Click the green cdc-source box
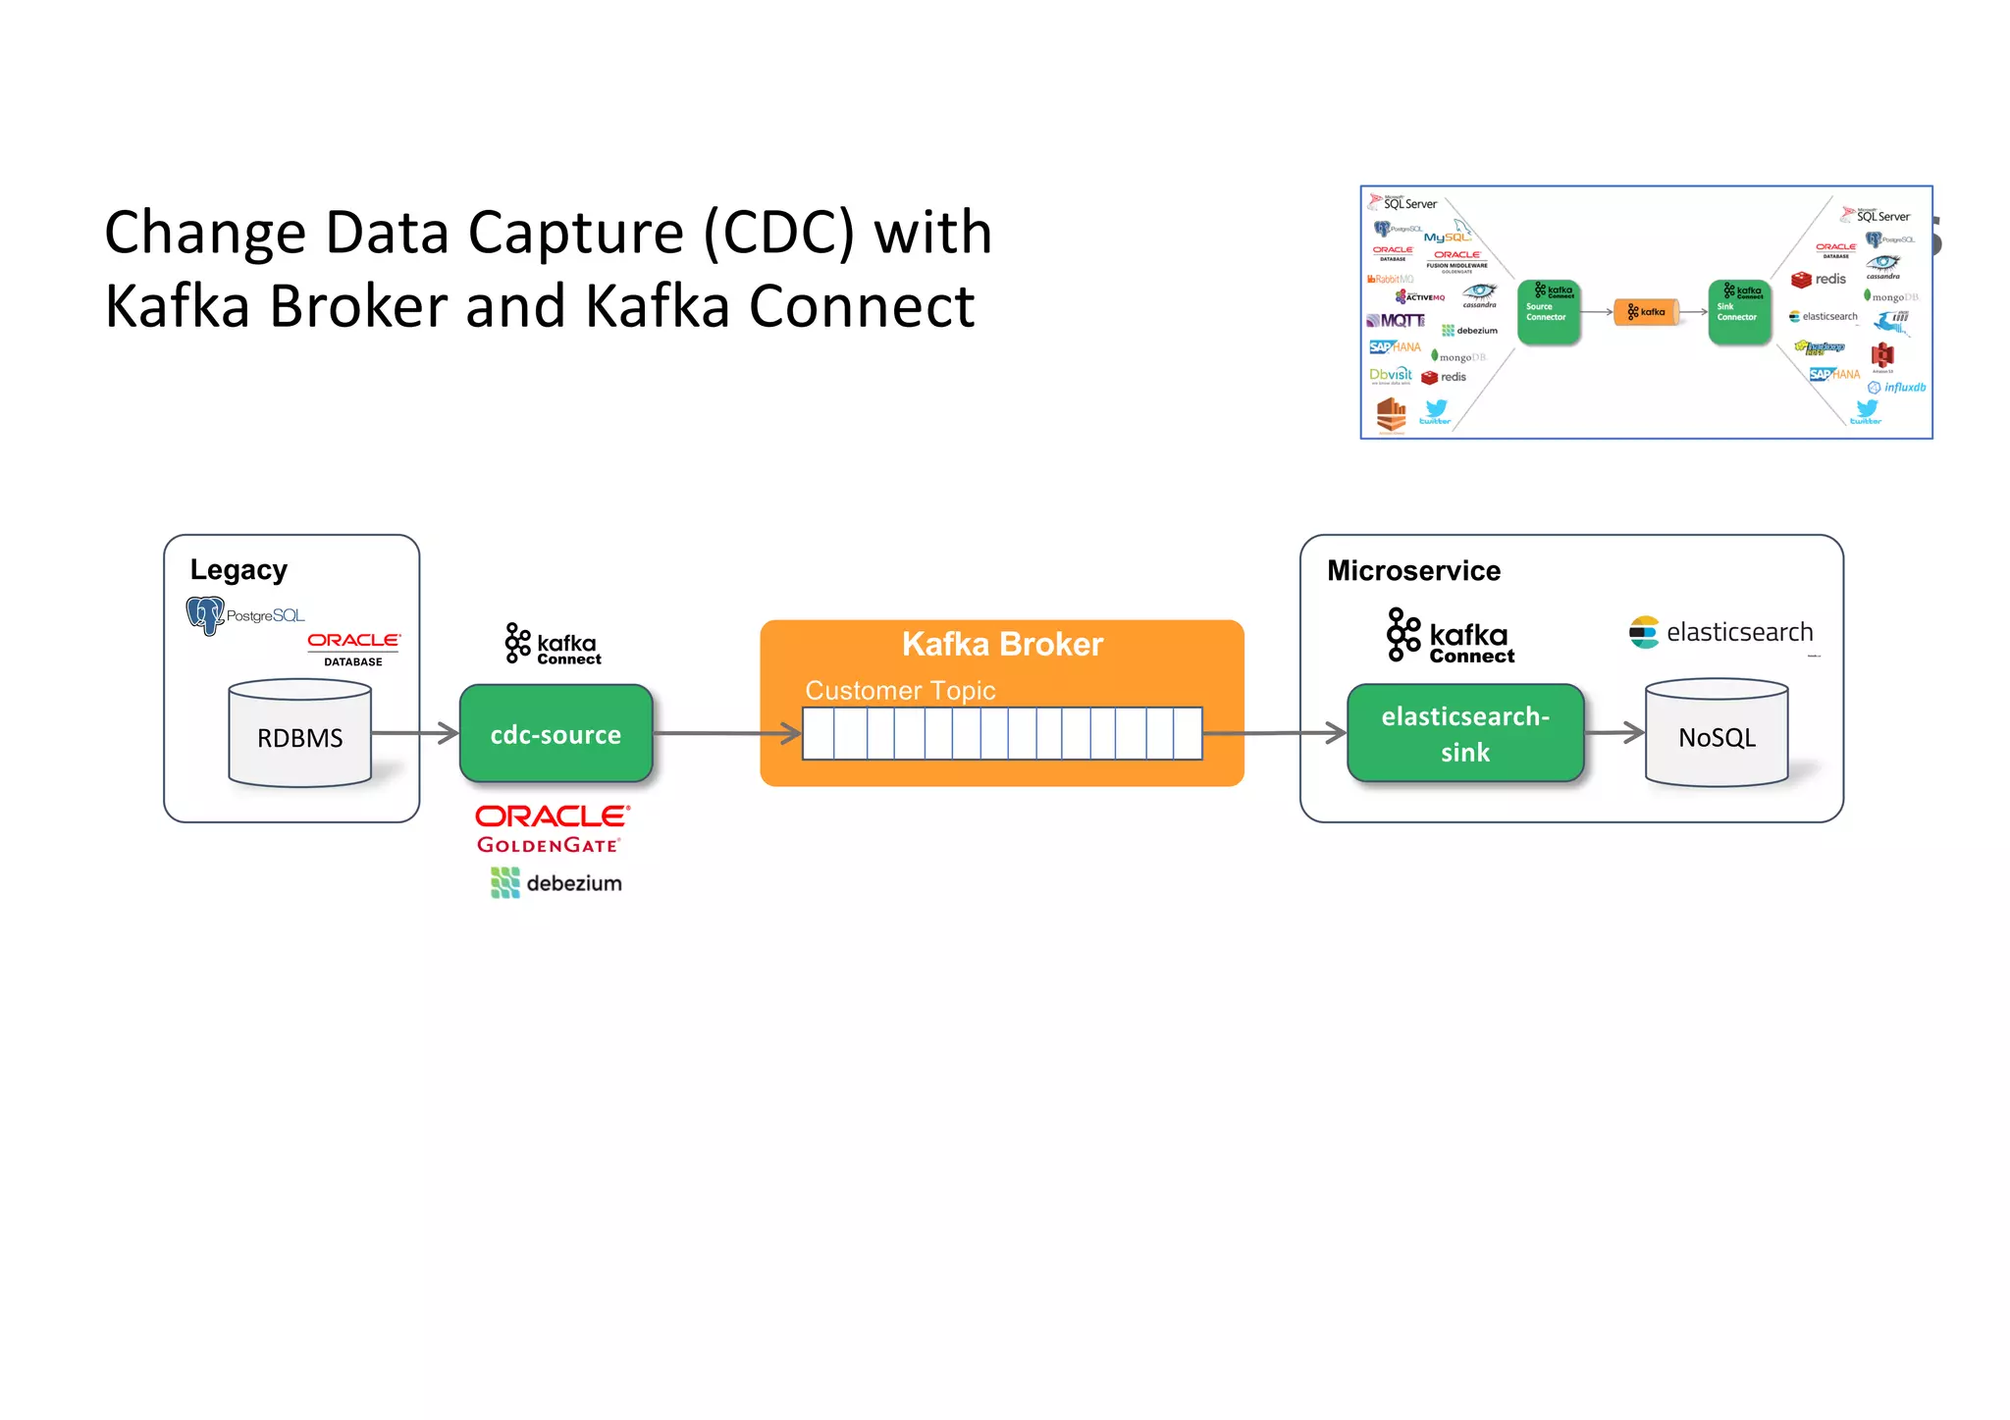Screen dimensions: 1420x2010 pos(555,734)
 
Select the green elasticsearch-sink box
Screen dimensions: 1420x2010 pos(1464,734)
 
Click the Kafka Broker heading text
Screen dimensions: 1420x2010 pos(1002,645)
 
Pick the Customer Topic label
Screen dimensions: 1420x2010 pos(900,691)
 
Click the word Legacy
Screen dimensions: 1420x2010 pos(238,570)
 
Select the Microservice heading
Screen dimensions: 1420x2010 pos(1413,571)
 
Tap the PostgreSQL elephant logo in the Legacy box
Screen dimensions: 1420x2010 pos(205,615)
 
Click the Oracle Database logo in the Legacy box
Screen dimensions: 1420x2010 pos(353,648)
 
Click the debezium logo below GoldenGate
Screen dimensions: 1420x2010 pos(555,883)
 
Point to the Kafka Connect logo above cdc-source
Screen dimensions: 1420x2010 pos(553,645)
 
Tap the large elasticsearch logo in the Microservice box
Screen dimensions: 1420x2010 pos(1720,632)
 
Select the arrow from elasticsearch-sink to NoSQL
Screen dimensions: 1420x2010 pos(1614,732)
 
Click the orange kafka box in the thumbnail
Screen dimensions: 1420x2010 pos(1646,312)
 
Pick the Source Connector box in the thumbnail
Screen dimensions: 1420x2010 pos(1548,312)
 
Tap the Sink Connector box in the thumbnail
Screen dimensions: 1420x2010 pos(1738,312)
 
